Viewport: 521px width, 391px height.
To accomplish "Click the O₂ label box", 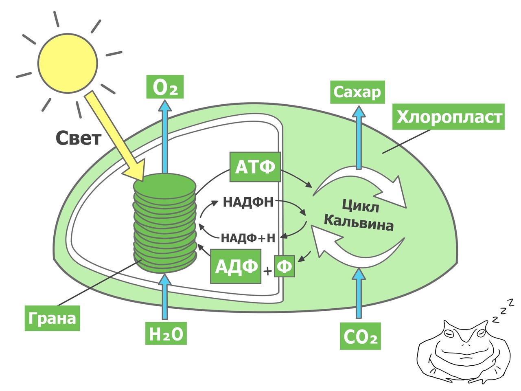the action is click(165, 87).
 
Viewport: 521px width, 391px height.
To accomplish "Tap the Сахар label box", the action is click(357, 92).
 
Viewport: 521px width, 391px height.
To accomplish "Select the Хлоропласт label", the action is click(449, 117).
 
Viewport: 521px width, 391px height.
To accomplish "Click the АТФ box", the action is click(255, 167).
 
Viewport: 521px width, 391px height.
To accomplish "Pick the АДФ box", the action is click(236, 266).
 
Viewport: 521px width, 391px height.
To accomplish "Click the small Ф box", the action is click(285, 266).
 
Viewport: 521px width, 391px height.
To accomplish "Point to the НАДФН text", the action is click(248, 202).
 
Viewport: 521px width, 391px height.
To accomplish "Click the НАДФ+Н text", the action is click(248, 238).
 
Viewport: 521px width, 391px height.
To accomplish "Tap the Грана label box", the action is click(52, 318).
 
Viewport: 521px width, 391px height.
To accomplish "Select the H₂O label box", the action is click(166, 333).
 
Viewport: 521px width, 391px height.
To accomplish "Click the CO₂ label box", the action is click(360, 336).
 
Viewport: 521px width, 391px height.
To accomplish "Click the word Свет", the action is click(79, 138).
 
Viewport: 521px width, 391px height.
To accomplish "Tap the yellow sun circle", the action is click(68, 64).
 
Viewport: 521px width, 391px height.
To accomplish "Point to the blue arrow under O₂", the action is click(165, 137).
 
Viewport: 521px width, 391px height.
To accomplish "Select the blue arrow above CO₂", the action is click(359, 293).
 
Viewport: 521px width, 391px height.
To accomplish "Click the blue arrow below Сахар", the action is click(359, 138).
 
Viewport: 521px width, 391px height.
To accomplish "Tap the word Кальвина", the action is click(359, 224).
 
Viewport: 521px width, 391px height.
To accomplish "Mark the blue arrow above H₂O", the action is click(165, 297).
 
